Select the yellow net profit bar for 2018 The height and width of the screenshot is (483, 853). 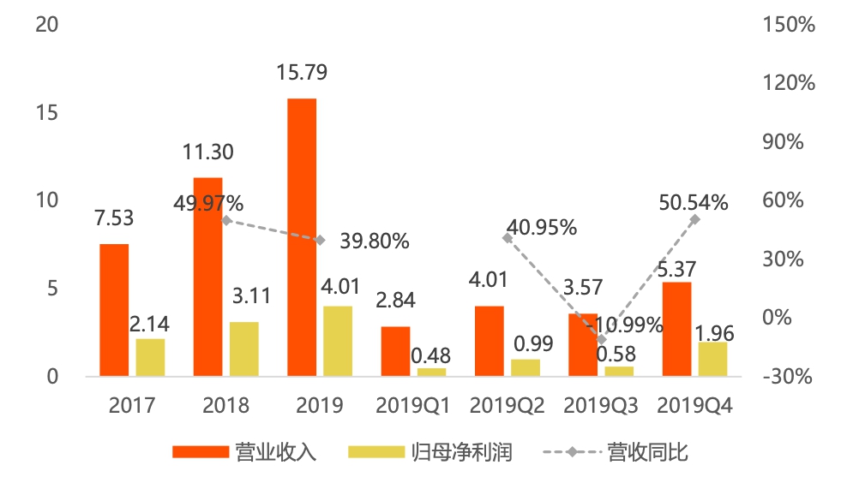pyautogui.click(x=244, y=349)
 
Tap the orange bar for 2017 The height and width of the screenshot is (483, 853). pyautogui.click(x=114, y=310)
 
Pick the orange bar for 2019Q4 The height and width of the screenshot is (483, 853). pyautogui.click(x=676, y=329)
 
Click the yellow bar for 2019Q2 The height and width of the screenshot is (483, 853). pyautogui.click(x=526, y=367)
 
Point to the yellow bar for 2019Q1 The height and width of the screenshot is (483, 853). pyautogui.click(x=431, y=372)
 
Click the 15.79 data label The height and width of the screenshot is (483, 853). pyautogui.click(x=302, y=73)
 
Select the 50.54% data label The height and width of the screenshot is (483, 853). pyautogui.click(x=694, y=203)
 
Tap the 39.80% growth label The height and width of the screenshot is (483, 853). pyautogui.click(x=375, y=241)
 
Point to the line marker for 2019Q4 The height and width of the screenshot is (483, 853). pyautogui.click(x=694, y=220)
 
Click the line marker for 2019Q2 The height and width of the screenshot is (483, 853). pyautogui.click(x=508, y=238)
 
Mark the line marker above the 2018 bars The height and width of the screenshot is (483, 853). pyautogui.click(x=226, y=220)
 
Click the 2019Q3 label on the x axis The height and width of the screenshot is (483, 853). pyautogui.click(x=600, y=404)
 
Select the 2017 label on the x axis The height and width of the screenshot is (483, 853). pyautogui.click(x=132, y=404)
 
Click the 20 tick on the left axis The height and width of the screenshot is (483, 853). pyautogui.click(x=46, y=25)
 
